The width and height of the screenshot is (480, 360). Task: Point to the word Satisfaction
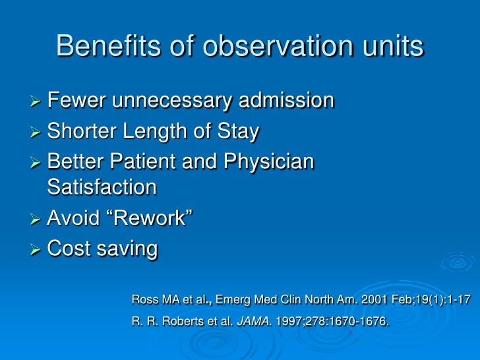coord(102,187)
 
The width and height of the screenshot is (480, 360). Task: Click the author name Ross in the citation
coord(145,301)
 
